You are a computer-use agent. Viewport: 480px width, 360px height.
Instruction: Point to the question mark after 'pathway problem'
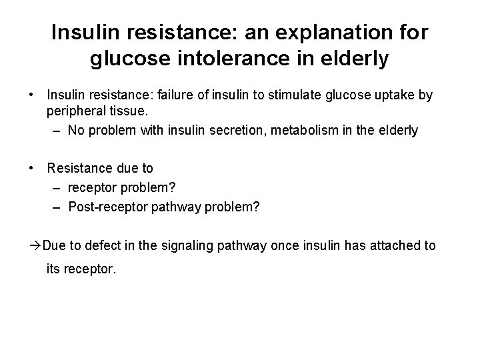(256, 207)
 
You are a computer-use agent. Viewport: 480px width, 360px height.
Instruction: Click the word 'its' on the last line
(53, 271)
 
